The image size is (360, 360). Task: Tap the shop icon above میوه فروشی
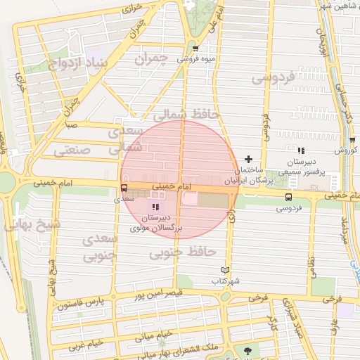pyautogui.click(x=195, y=48)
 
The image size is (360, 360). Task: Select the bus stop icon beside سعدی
pyautogui.click(x=124, y=188)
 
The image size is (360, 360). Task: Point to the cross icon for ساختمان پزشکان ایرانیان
pyautogui.click(x=247, y=160)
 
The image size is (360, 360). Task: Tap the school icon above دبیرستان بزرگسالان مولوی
pyautogui.click(x=155, y=207)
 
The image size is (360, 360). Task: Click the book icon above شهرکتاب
pyautogui.click(x=225, y=270)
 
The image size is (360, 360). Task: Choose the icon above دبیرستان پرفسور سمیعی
pyautogui.click(x=301, y=150)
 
